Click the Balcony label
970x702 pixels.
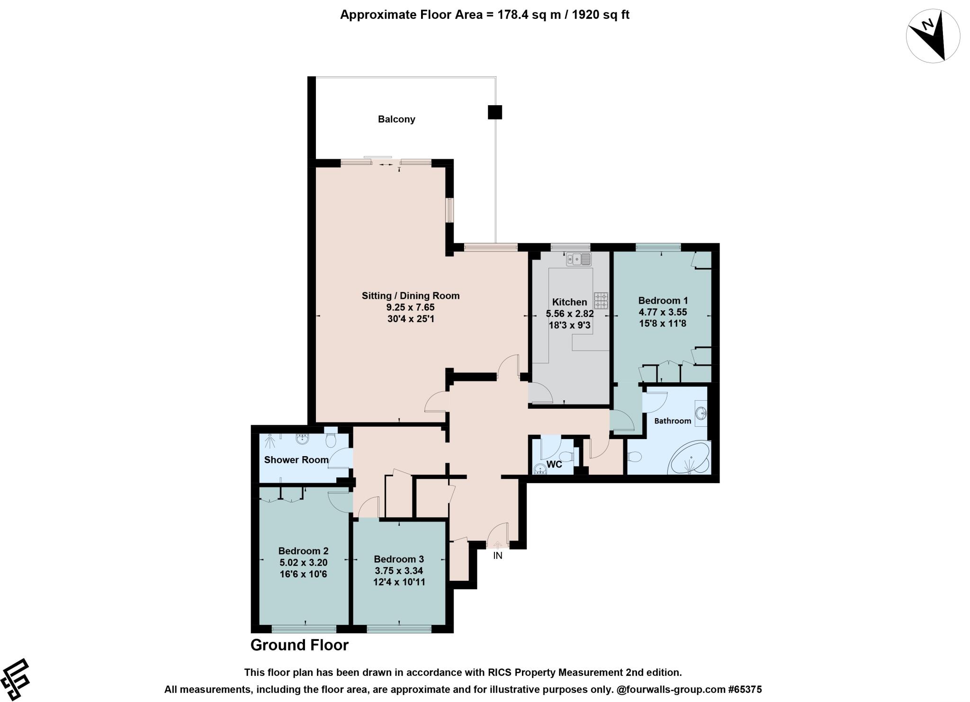point(396,119)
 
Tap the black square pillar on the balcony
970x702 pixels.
point(494,112)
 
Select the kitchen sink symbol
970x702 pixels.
point(579,259)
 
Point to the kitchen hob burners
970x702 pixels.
point(601,300)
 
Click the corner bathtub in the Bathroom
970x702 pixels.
point(689,459)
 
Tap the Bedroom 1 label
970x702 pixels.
point(663,300)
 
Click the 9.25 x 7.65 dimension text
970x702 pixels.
point(410,307)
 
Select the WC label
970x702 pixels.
point(554,464)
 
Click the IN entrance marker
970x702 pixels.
point(497,556)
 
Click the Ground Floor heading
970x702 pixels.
point(299,645)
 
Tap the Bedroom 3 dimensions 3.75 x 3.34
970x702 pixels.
point(398,570)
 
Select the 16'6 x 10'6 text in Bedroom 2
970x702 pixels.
point(303,574)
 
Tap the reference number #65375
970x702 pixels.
point(745,689)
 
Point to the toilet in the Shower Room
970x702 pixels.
point(331,440)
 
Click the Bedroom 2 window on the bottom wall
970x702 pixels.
point(304,629)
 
